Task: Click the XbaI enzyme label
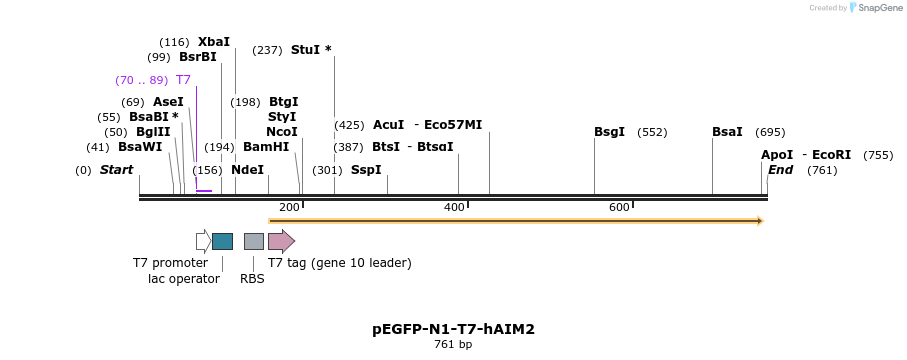click(213, 42)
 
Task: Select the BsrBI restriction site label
click(197, 57)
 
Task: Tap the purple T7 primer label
click(183, 80)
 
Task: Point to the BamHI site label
click(265, 147)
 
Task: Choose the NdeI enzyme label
click(247, 170)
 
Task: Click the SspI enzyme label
click(366, 170)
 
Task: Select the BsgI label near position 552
click(609, 132)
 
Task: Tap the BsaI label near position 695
click(727, 132)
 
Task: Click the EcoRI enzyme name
click(831, 155)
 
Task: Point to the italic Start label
click(116, 170)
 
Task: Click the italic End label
click(780, 170)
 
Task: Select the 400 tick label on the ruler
click(454, 207)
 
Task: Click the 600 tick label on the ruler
click(619, 207)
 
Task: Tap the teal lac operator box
click(222, 241)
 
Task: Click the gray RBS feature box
click(254, 241)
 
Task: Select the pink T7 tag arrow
click(281, 241)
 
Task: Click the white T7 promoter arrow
click(203, 241)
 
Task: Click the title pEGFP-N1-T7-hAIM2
click(453, 328)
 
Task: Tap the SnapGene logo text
click(876, 8)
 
